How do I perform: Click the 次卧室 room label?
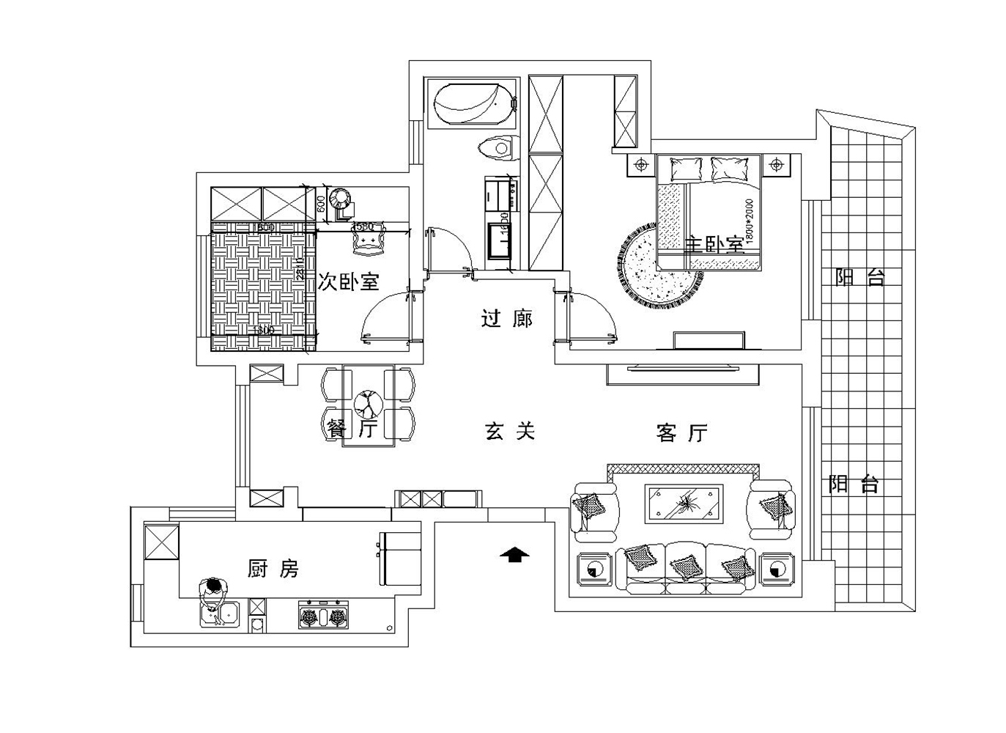click(348, 281)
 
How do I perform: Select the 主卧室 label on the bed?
click(714, 243)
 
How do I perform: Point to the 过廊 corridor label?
click(507, 319)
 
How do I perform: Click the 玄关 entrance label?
click(510, 431)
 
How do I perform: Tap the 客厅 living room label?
click(681, 433)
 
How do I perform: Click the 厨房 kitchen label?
click(273, 568)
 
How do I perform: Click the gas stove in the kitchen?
click(322, 616)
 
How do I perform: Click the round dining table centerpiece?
click(368, 404)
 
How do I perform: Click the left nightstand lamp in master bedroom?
click(641, 166)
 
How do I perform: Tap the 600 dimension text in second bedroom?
click(320, 204)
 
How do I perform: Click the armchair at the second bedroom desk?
click(368, 241)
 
